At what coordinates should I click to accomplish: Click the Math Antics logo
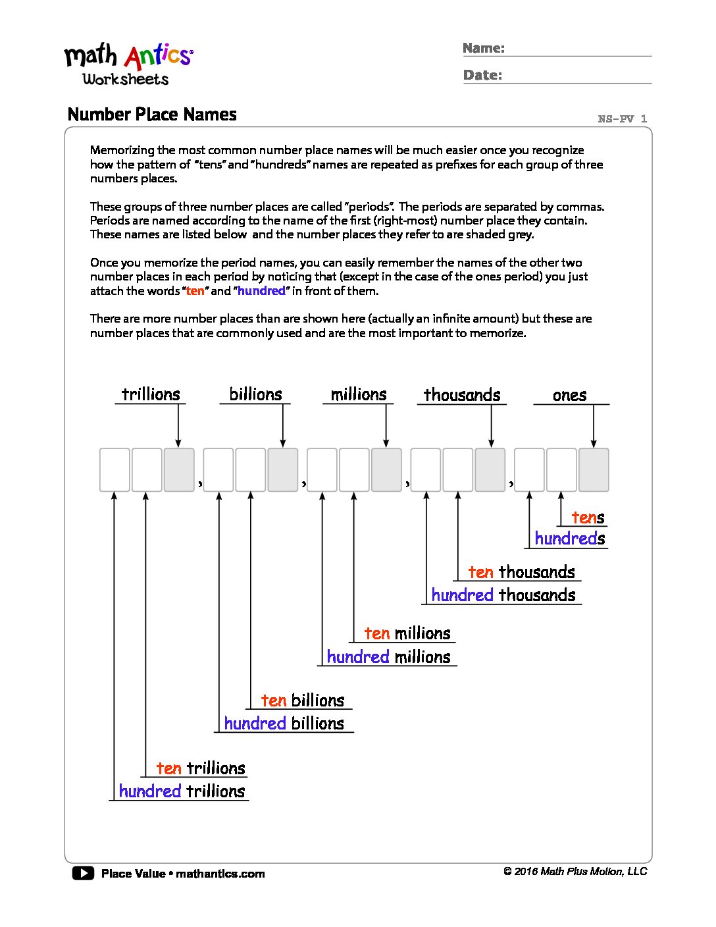click(x=128, y=64)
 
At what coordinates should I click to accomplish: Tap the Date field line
click(x=576, y=82)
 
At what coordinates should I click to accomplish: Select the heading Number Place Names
click(x=152, y=115)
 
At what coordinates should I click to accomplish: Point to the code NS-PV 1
click(x=622, y=119)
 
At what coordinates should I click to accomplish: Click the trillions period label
click(x=151, y=394)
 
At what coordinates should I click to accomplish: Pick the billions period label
click(x=255, y=394)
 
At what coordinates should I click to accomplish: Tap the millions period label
click(x=359, y=394)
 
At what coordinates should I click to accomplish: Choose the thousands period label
click(x=462, y=395)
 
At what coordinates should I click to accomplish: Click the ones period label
click(x=569, y=396)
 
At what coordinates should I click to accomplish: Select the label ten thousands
click(x=521, y=572)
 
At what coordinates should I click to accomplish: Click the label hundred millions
click(x=388, y=657)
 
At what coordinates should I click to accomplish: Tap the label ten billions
click(x=303, y=701)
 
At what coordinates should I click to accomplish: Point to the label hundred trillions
click(x=182, y=791)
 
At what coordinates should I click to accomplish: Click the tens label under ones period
click(x=588, y=518)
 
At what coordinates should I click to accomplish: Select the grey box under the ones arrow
click(x=594, y=470)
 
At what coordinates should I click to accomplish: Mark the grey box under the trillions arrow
click(x=179, y=470)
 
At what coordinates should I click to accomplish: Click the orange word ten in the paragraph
click(x=195, y=291)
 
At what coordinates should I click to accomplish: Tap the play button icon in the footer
click(x=83, y=874)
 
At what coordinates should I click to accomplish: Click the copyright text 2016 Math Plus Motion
click(x=575, y=872)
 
